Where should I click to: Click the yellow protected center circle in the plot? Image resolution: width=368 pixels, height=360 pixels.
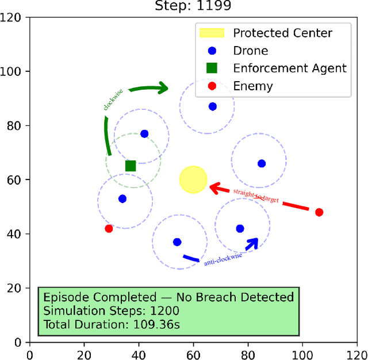[x=193, y=179]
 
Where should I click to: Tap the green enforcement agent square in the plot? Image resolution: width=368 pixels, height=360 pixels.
[x=131, y=166]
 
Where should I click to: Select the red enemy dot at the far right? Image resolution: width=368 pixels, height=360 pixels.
[x=319, y=212]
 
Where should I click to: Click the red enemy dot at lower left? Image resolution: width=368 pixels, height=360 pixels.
[x=109, y=228]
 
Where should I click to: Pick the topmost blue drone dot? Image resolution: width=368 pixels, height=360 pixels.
[x=213, y=106]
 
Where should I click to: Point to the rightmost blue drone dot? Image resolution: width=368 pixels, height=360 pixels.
[x=262, y=163]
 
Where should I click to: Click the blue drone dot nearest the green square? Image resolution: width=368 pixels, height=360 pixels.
[x=144, y=134]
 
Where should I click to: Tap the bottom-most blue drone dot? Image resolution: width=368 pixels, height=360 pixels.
[x=177, y=242]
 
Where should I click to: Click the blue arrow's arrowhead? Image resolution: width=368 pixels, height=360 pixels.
[x=252, y=242]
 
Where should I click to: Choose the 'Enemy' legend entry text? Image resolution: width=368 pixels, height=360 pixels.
[x=252, y=86]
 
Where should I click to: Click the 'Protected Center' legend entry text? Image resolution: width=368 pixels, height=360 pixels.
[x=282, y=32]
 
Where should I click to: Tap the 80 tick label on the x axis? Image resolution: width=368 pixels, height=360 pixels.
[x=248, y=353]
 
